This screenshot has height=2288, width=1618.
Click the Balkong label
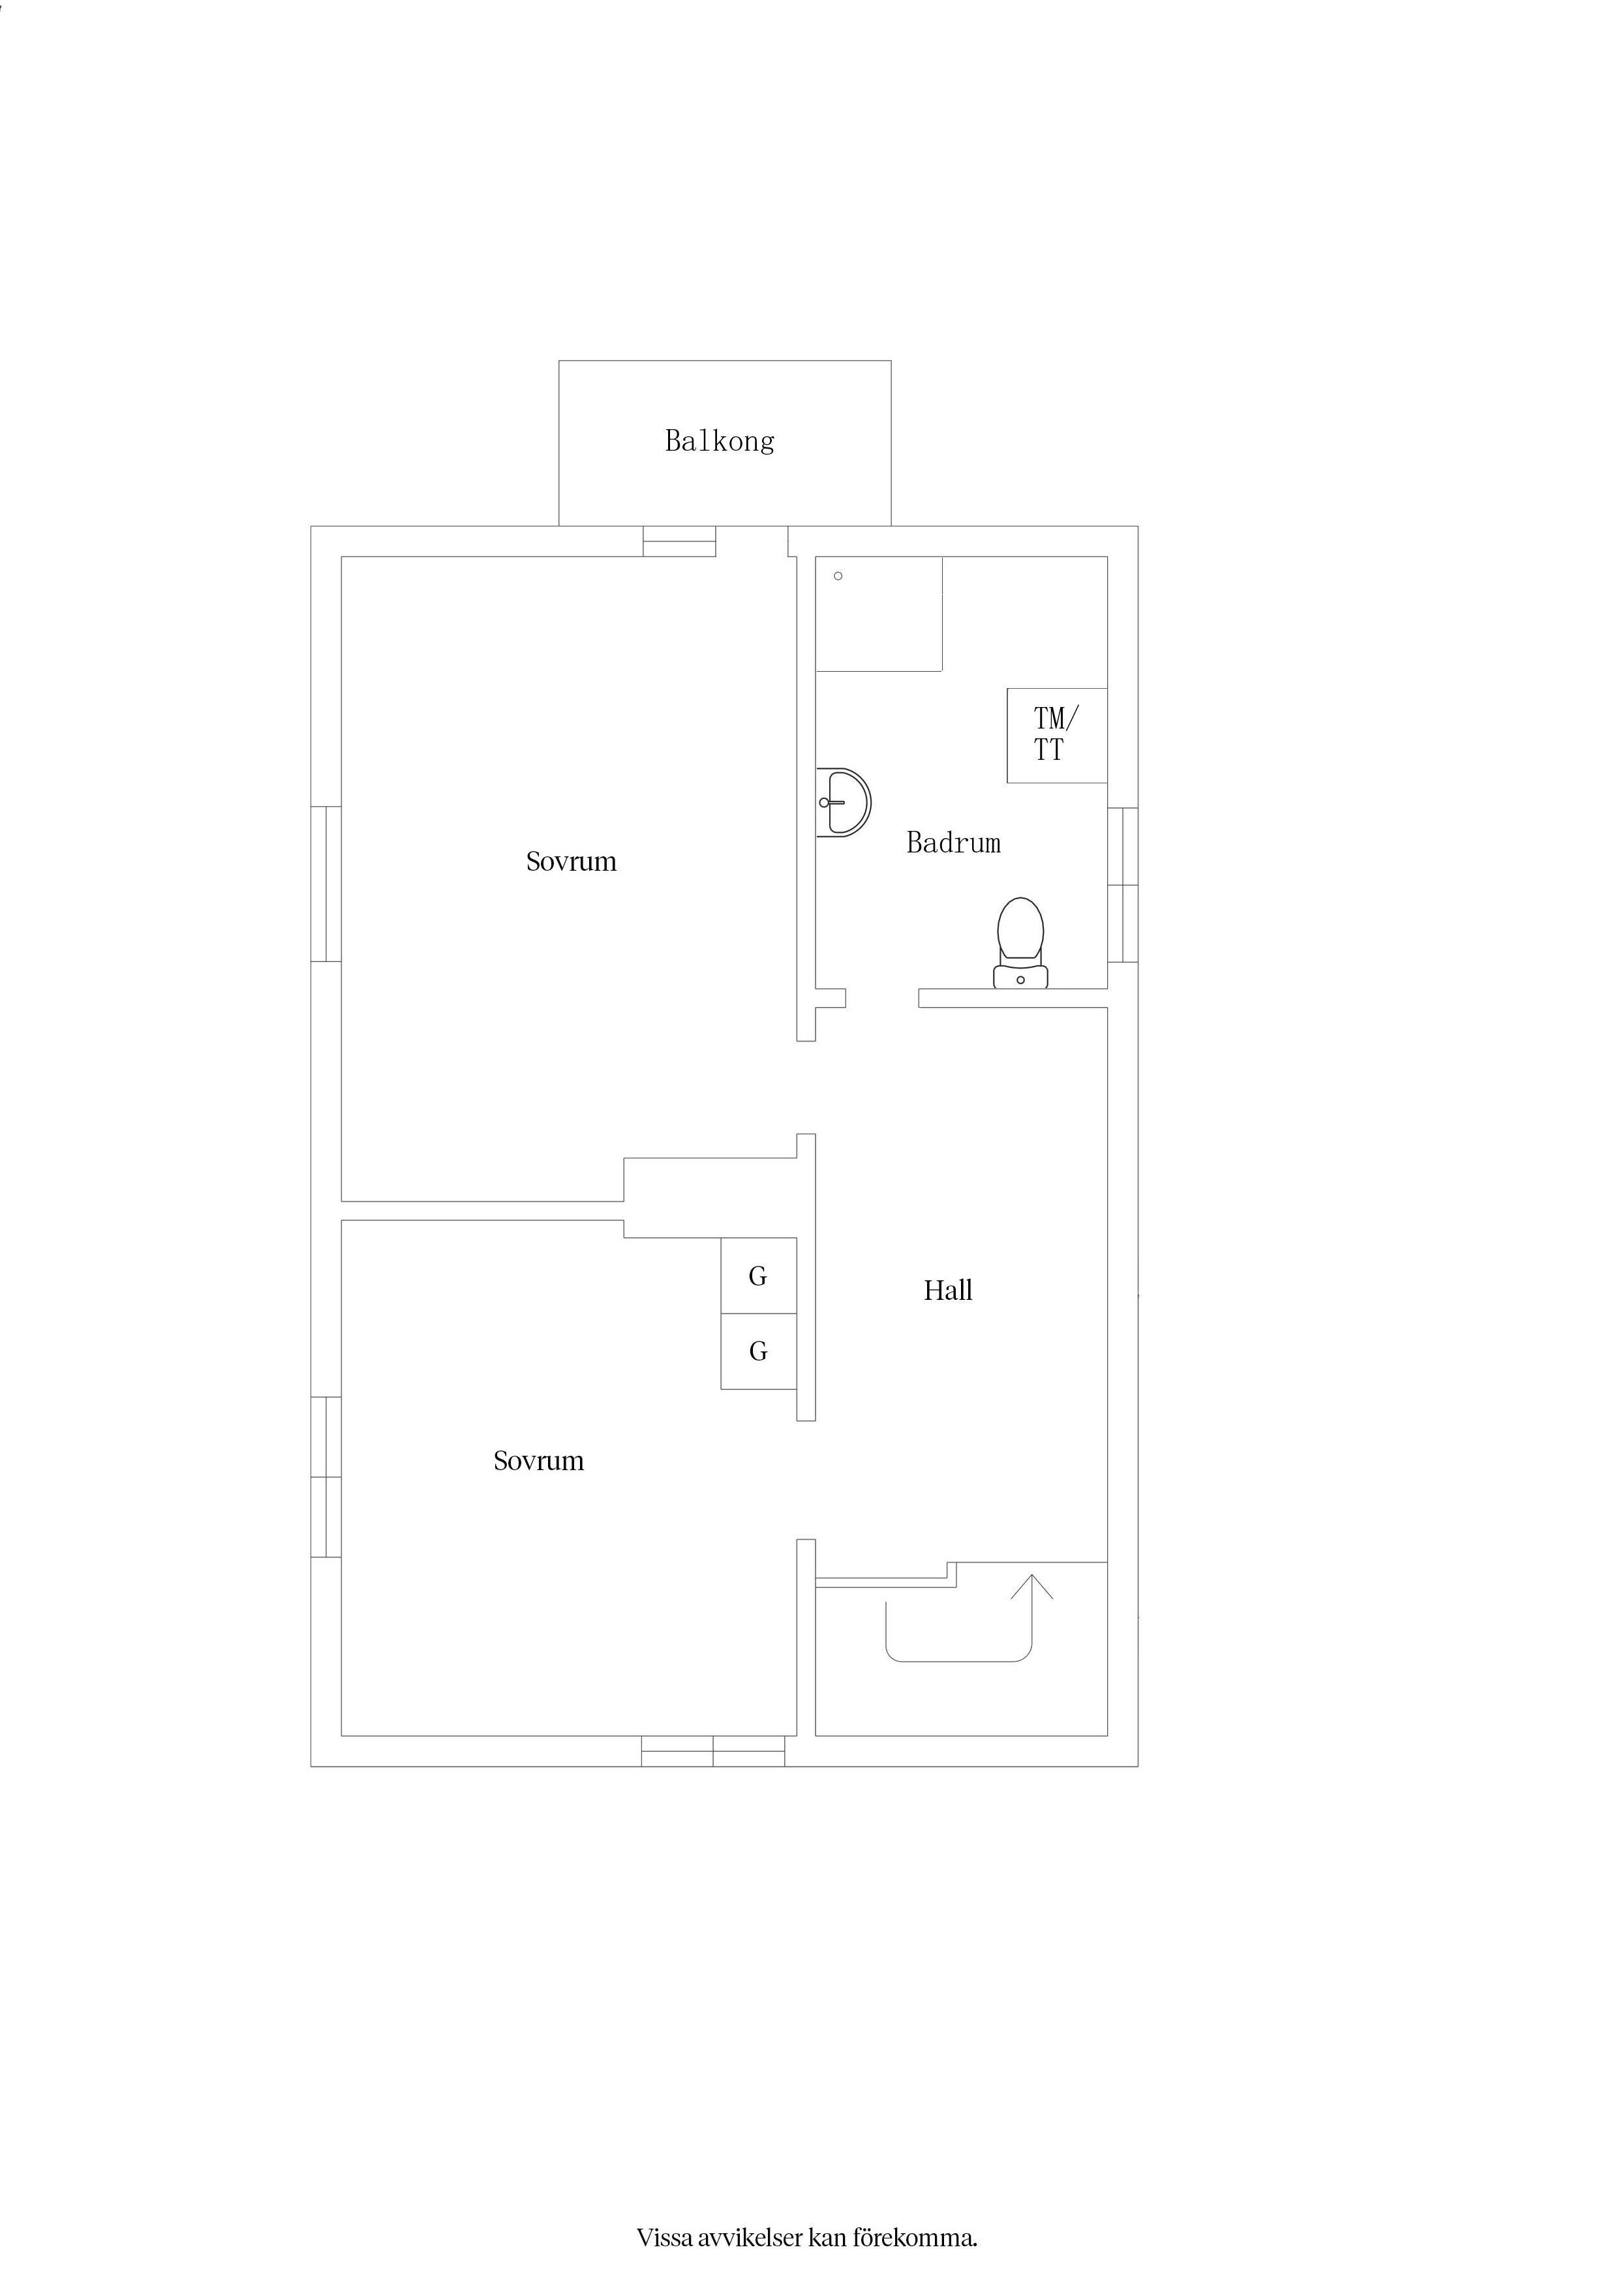point(720,440)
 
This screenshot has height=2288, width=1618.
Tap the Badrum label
point(954,843)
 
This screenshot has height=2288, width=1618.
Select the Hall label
point(948,1291)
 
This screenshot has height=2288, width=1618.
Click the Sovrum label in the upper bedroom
point(572,861)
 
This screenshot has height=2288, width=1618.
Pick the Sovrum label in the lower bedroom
point(538,1461)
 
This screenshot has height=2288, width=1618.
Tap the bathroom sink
point(844,802)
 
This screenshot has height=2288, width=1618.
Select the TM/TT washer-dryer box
point(1057,736)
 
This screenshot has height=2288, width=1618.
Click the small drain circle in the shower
point(838,576)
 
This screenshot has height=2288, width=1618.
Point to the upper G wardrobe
point(759,1276)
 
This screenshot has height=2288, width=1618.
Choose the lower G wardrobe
point(759,1351)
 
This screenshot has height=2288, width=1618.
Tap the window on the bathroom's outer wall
point(1123,885)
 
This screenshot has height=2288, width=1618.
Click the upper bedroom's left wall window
point(326,884)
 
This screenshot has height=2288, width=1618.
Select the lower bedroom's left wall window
point(326,1477)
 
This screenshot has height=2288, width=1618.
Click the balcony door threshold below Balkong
point(680,541)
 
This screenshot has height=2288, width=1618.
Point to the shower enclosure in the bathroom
point(879,614)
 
